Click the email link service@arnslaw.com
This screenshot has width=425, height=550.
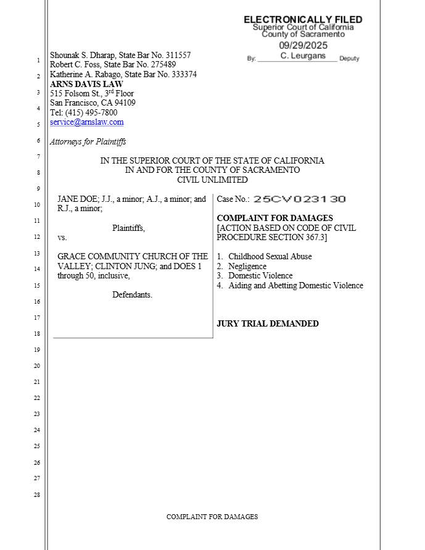point(86,122)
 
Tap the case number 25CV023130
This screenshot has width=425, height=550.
point(299,199)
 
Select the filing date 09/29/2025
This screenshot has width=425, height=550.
point(303,45)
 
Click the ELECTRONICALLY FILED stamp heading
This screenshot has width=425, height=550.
point(303,20)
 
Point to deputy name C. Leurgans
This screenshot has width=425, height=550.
point(303,56)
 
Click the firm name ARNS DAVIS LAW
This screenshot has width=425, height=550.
point(86,84)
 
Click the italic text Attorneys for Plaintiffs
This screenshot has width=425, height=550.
point(88,142)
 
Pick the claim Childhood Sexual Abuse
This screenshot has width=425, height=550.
point(270,256)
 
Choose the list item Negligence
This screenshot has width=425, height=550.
point(247,266)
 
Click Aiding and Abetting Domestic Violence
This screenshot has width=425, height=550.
point(295,286)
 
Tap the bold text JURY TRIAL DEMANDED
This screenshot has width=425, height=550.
point(268,323)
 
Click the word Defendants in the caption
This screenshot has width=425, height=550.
point(132,295)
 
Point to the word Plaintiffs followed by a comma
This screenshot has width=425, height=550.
point(128,228)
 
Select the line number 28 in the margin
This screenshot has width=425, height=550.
point(37,495)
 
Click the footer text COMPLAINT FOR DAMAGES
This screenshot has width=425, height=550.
point(212,517)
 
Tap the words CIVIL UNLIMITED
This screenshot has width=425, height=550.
point(212,180)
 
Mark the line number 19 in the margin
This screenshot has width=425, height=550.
point(37,350)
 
